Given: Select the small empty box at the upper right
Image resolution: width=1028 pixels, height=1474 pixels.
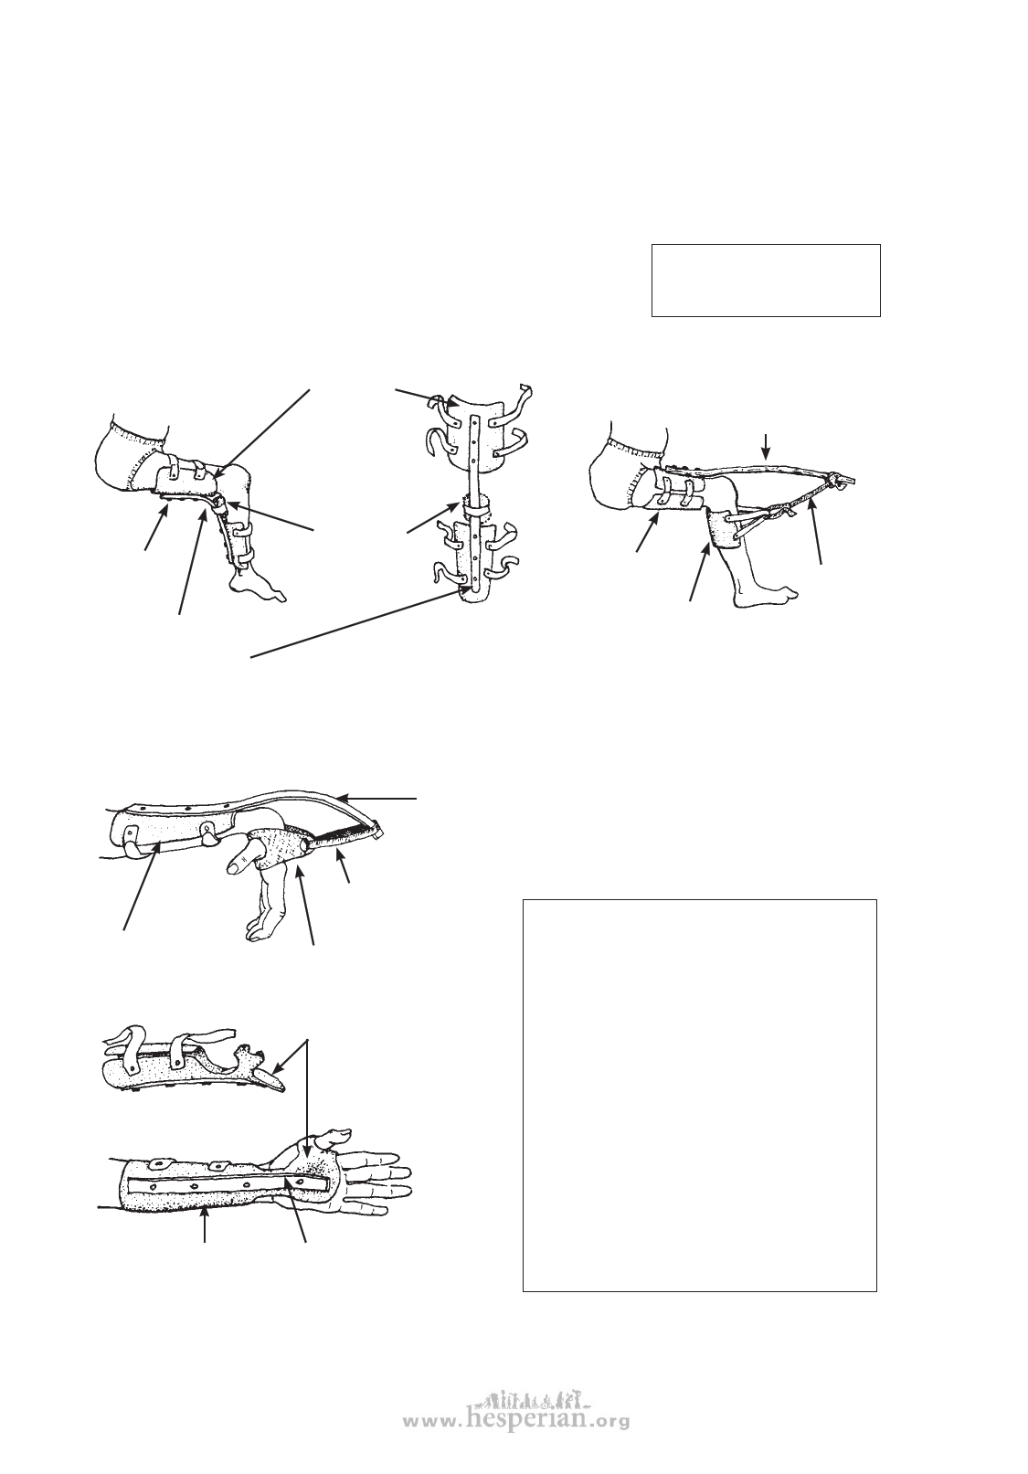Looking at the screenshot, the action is click(x=766, y=281).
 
